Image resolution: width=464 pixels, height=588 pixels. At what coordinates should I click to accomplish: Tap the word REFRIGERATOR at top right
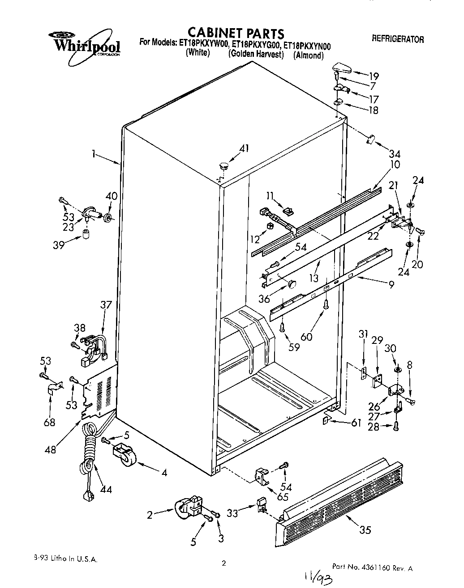(398, 39)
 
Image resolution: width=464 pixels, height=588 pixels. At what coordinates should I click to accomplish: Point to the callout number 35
(365, 530)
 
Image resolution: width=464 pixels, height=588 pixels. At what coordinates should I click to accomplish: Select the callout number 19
(374, 76)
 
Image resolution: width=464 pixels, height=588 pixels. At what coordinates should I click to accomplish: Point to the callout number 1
(94, 154)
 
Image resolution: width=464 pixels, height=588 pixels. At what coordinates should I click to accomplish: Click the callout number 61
(356, 423)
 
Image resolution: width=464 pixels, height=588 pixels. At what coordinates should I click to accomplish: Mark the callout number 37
(106, 305)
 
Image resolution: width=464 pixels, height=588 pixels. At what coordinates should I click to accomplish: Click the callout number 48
(51, 449)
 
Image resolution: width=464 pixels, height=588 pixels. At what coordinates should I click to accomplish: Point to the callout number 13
(314, 278)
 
